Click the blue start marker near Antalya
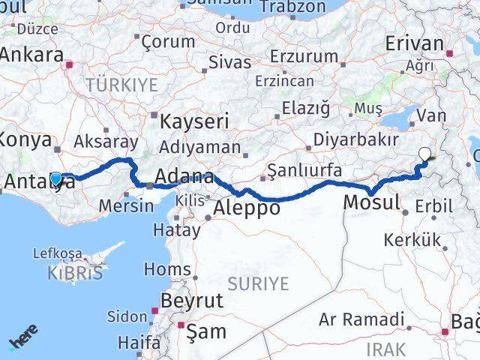point(56,178)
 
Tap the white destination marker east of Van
point(425,155)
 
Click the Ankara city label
point(31,55)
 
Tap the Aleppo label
point(247,208)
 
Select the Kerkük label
point(409,241)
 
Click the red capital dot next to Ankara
point(70,64)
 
